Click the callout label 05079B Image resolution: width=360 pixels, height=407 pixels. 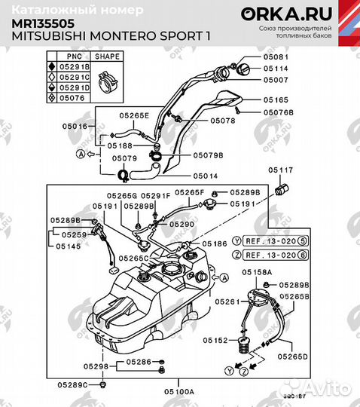[x=207, y=155]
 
